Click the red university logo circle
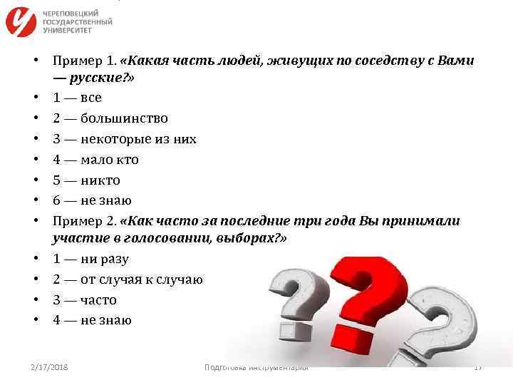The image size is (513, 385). (21, 22)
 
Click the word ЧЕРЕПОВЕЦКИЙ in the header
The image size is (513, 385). (71, 14)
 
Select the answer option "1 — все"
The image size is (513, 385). (78, 98)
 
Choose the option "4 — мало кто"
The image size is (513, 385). (95, 160)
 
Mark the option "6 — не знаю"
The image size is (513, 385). (92, 200)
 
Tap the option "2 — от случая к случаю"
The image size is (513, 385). (128, 279)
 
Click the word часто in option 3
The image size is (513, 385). (98, 299)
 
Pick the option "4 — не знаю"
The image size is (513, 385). (92, 320)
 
